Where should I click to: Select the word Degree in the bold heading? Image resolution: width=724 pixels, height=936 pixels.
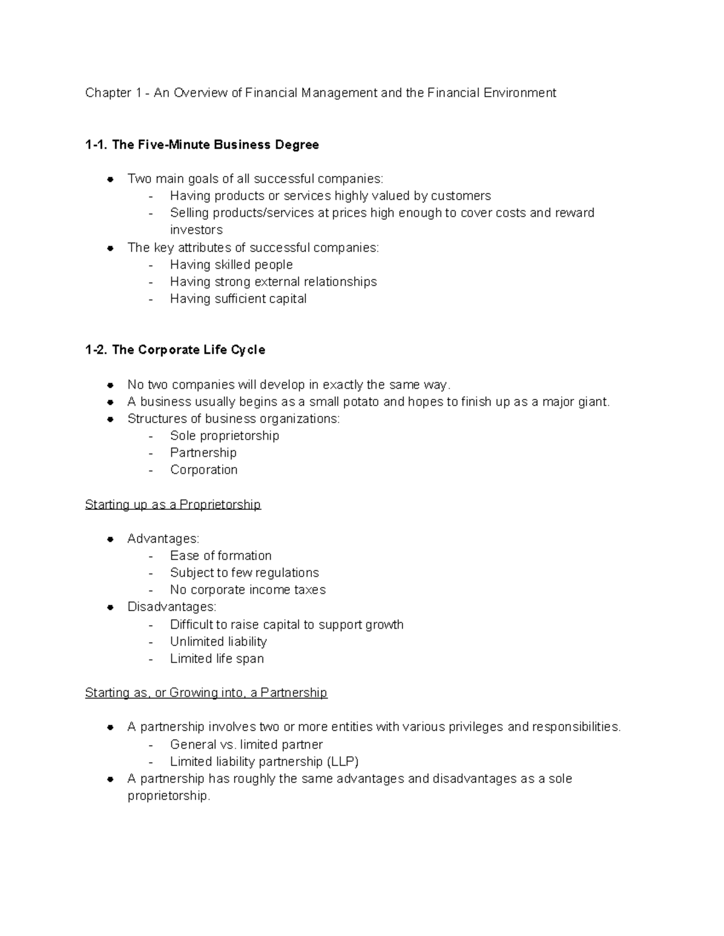297,145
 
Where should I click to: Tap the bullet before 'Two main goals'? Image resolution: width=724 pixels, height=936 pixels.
110,179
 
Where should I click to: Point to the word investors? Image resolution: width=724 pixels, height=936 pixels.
196,230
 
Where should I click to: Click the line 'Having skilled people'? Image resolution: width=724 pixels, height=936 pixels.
231,265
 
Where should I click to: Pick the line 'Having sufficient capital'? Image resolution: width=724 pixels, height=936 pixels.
238,299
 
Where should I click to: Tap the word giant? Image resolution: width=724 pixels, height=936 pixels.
594,402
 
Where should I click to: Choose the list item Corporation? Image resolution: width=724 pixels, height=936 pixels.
203,470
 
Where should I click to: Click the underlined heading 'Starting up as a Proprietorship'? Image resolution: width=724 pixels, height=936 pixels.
173,504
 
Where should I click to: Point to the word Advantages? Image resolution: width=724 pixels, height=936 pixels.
163,539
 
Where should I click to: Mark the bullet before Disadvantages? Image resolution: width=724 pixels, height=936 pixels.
110,607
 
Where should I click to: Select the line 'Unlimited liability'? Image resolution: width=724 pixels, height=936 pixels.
218,641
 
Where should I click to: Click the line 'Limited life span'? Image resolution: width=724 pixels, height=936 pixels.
217,659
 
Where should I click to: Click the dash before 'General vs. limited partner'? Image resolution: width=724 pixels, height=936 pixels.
151,745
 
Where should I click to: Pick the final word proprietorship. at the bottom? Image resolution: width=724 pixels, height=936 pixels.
169,796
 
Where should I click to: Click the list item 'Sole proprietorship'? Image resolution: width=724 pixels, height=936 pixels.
224,436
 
